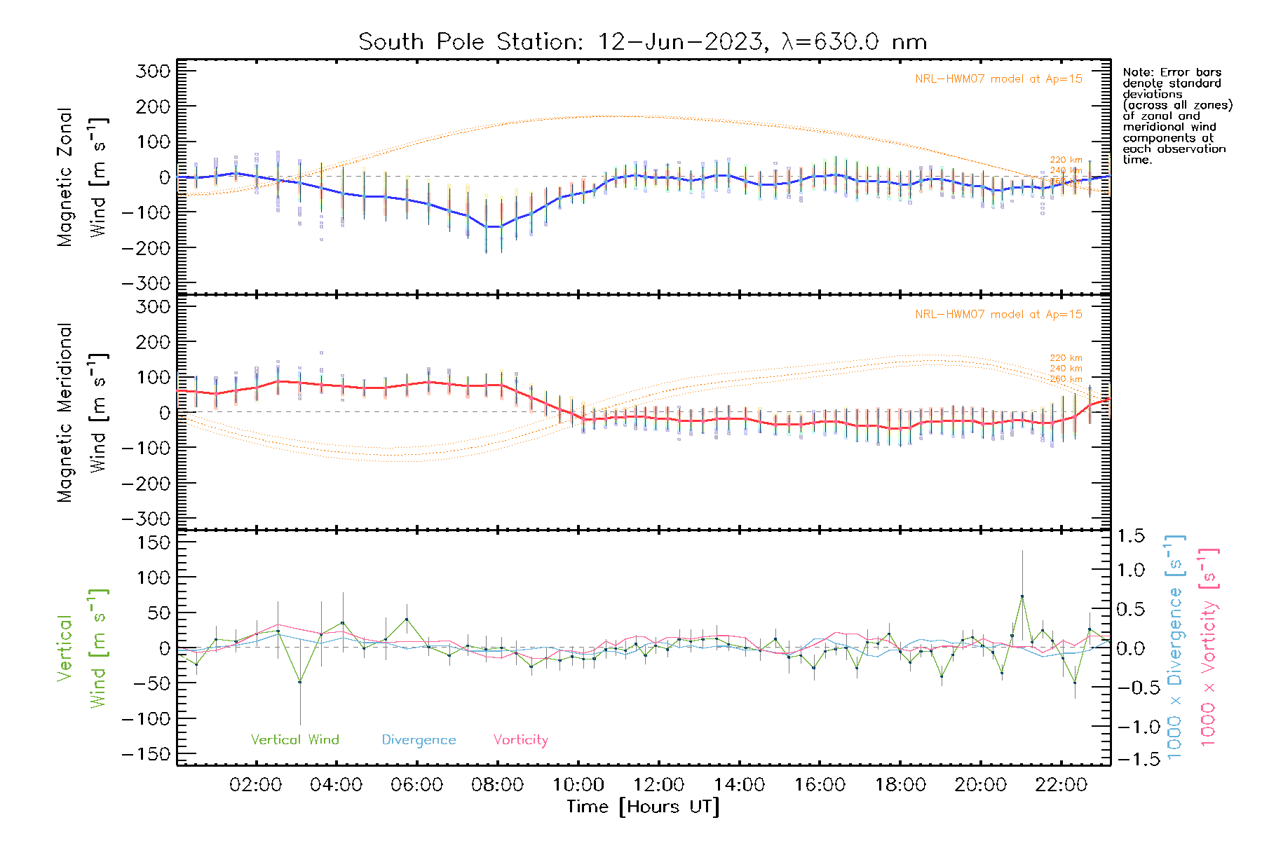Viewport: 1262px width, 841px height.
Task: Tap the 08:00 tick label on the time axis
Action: (x=497, y=784)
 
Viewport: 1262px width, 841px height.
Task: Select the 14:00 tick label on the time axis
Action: (x=739, y=784)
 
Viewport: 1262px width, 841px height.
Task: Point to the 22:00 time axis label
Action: (x=1061, y=784)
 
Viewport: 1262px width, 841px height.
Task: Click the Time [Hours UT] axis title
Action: (x=642, y=807)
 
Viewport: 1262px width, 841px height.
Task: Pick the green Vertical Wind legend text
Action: (x=294, y=739)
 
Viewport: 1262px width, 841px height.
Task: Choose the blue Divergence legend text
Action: (x=419, y=739)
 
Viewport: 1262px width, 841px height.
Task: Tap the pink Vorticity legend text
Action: (x=520, y=739)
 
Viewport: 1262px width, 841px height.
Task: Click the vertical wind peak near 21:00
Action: (x=1022, y=596)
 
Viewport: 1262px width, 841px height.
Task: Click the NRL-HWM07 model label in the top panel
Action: (x=998, y=79)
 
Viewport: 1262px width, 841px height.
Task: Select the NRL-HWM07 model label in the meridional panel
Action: (x=998, y=315)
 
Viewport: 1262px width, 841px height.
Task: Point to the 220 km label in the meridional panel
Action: (x=1066, y=358)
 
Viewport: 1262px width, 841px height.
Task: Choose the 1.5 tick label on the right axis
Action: (x=1130, y=536)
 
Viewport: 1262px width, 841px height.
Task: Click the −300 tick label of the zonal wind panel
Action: (x=146, y=283)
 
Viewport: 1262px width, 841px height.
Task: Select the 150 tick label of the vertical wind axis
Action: (x=154, y=542)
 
